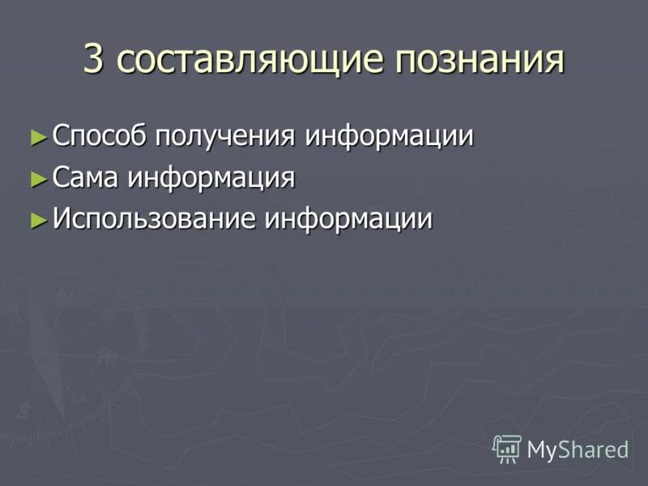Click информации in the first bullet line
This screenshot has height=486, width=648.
pos(389,136)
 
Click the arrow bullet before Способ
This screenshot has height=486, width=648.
pos(37,136)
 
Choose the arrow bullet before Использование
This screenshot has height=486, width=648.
pos(37,220)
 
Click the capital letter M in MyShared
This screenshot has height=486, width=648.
pos(536,449)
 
